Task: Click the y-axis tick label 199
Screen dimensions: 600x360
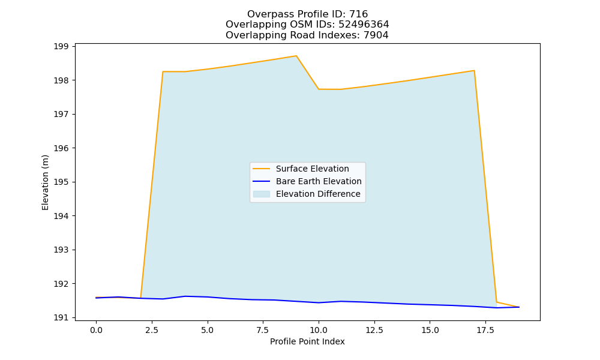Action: coord(61,47)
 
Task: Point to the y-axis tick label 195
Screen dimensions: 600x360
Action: coord(61,182)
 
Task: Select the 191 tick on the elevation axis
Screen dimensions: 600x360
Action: coord(61,317)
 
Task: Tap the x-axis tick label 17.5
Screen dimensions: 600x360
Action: coord(485,330)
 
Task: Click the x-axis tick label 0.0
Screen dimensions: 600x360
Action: coord(96,330)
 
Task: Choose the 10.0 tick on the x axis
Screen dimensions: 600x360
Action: coord(319,330)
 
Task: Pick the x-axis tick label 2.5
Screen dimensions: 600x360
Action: coord(152,330)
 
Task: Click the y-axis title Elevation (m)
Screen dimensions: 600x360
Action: coord(45,182)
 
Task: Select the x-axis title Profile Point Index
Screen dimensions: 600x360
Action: coord(307,341)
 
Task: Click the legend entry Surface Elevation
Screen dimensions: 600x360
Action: coord(312,169)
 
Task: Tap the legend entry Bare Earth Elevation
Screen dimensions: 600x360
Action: coord(319,181)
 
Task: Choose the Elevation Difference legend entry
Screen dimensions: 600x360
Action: coord(318,194)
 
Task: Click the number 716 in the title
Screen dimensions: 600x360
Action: coord(359,14)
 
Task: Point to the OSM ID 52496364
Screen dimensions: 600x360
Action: coord(364,25)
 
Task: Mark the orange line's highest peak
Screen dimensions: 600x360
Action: coord(296,56)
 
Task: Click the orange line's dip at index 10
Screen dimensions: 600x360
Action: coord(319,89)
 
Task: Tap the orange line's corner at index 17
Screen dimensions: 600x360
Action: coord(474,71)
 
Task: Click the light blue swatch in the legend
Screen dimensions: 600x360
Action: coord(262,194)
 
